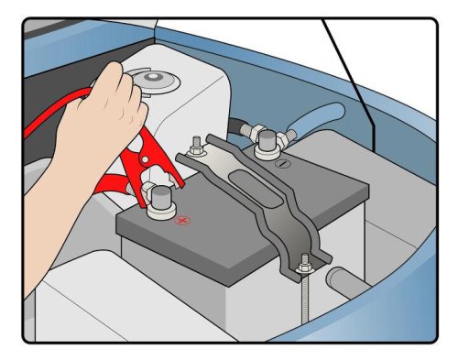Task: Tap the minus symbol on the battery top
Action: (x=282, y=164)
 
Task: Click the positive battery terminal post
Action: (x=161, y=200)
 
